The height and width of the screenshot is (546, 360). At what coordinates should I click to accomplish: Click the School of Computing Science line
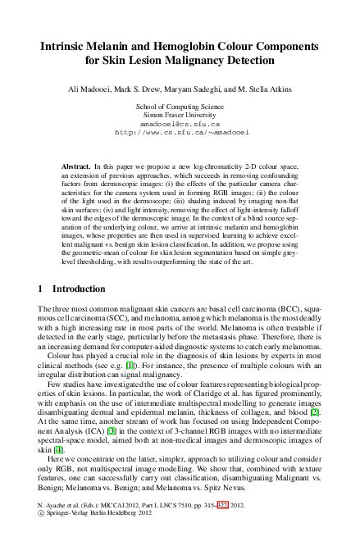(180, 107)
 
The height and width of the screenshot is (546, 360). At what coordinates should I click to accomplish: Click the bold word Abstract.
(76, 166)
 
